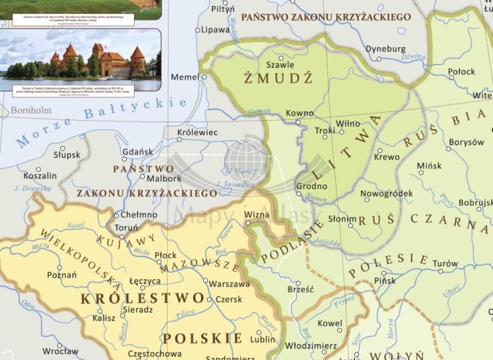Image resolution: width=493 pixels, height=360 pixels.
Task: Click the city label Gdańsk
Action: click(138, 152)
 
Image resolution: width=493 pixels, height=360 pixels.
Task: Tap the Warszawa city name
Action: click(229, 284)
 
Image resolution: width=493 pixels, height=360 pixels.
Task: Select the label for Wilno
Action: click(348, 124)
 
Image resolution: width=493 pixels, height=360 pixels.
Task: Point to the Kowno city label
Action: click(300, 113)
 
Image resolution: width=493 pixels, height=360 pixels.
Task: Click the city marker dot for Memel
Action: click(204, 77)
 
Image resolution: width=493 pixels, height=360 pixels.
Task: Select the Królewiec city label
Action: click(197, 132)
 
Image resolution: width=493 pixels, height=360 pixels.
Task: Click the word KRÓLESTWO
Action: click(135, 299)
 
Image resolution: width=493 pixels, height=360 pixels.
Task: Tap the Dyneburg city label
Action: click(385, 49)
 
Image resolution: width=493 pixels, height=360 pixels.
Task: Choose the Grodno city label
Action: click(312, 185)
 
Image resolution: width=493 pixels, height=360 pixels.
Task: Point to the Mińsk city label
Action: click(429, 166)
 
